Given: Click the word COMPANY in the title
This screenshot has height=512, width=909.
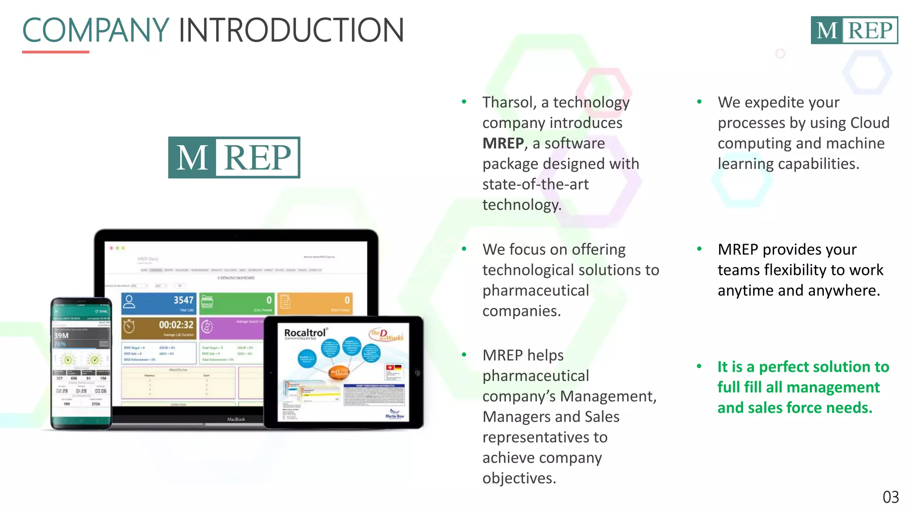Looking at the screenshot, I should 95,30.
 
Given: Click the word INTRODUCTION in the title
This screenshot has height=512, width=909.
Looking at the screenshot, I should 291,30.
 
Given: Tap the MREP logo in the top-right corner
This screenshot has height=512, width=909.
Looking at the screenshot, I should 854,30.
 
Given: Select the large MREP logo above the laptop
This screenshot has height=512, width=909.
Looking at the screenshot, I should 234,157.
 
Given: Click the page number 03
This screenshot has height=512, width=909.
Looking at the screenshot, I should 890,497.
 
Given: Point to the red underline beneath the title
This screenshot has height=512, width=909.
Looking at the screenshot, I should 55,52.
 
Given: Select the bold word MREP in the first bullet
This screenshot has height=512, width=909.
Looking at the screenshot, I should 503,143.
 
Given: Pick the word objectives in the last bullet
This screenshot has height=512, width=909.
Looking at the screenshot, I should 519,478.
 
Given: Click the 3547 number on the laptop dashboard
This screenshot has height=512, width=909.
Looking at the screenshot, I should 183,300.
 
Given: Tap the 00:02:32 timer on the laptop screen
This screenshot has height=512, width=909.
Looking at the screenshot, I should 176,325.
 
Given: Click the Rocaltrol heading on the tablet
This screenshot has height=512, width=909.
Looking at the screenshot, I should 305,333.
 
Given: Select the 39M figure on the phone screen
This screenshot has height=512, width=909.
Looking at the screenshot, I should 61,336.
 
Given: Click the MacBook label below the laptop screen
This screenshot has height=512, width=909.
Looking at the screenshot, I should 236,419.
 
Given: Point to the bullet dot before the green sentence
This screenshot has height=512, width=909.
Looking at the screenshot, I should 699,367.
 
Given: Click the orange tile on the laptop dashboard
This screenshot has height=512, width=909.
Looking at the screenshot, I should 315,303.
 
